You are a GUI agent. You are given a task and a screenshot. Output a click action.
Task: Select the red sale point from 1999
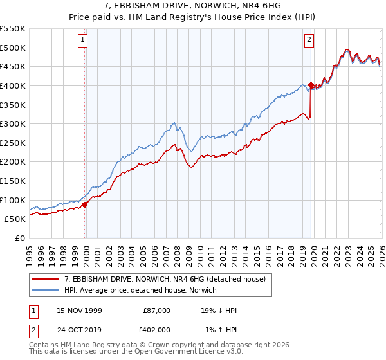coord(85,205)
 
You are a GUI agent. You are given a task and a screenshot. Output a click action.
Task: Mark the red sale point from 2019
coord(311,85)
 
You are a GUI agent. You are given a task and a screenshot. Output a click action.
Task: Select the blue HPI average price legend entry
coord(141,290)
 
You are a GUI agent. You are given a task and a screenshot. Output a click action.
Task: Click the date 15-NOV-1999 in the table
coord(80,310)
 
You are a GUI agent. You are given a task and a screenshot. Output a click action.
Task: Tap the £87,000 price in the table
coord(156,310)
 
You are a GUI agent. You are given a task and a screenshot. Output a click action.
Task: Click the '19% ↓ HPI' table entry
coord(219,310)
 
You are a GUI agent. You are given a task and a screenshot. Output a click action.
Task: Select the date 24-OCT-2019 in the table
coord(80,330)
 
